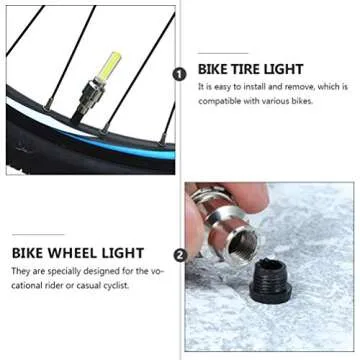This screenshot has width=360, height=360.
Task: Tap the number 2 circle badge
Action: click(x=180, y=255)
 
